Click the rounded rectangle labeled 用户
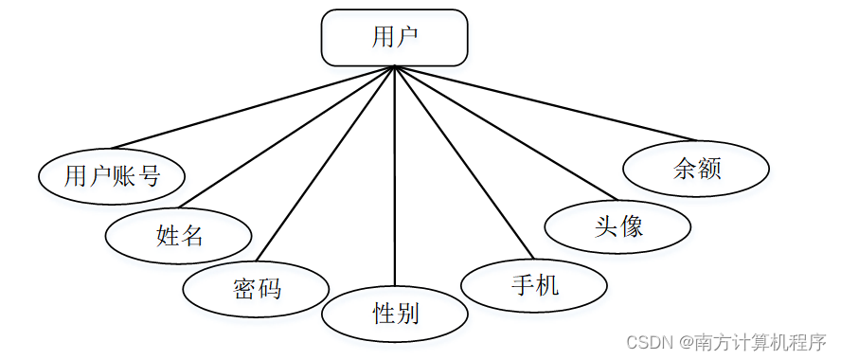click(394, 38)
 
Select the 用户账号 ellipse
click(112, 175)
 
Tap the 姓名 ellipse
click(179, 235)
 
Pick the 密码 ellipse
click(256, 287)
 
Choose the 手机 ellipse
click(534, 284)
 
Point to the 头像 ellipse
click(618, 226)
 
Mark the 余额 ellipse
click(696, 170)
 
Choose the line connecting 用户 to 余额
click(545, 103)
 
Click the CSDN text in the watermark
click(649, 341)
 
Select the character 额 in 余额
click(709, 170)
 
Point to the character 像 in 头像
click(633, 226)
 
